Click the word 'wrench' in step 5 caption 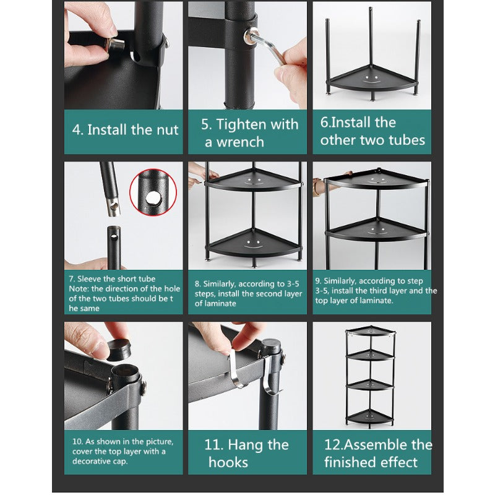pos(240,142)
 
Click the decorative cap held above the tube pos(118,350)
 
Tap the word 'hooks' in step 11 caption pos(228,462)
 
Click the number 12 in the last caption pos(333,444)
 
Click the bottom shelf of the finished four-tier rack pos(370,417)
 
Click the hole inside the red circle pos(153,198)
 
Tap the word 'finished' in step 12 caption pos(350,462)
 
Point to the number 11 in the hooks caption pos(212,445)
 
